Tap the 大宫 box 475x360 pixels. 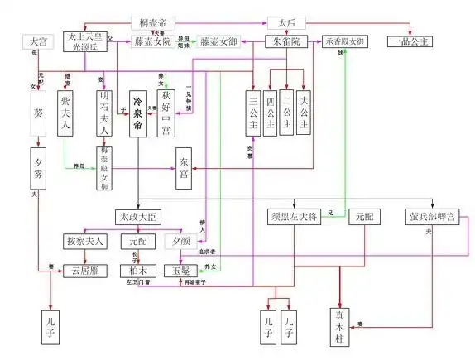(36, 41)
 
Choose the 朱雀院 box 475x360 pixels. (285, 41)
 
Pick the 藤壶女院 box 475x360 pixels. (153, 41)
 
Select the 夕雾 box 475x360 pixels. (37, 167)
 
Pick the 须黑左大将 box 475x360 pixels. (294, 217)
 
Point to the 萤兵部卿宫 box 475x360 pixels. (431, 217)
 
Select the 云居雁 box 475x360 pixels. (85, 270)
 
